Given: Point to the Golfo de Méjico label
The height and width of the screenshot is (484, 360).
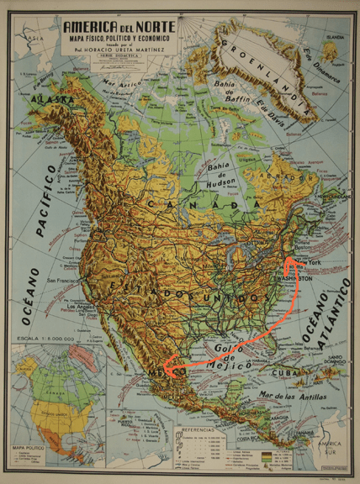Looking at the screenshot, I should (228, 358).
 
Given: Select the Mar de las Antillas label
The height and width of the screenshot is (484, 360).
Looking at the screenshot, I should (282, 397).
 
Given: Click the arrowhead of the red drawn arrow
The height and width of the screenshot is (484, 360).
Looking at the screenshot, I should (167, 368).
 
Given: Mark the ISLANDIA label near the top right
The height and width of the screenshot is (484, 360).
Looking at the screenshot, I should (334, 38).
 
